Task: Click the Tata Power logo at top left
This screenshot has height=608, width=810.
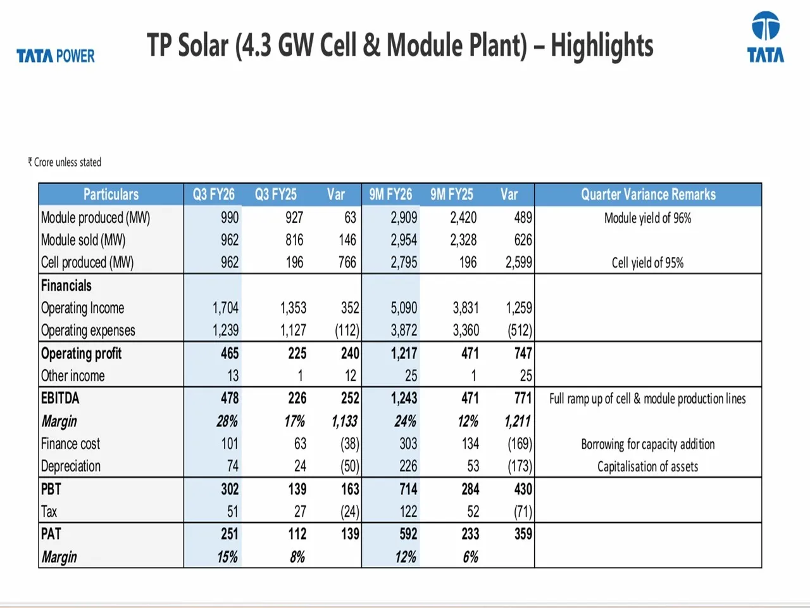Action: click(56, 56)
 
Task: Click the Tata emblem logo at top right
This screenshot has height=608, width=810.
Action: click(765, 37)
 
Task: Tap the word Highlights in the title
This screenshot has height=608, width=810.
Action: click(602, 46)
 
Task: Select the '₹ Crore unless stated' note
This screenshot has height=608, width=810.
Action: click(65, 162)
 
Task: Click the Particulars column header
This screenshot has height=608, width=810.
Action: click(111, 194)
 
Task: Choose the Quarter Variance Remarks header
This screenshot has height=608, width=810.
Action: click(648, 194)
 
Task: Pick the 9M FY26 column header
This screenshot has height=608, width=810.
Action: click(390, 194)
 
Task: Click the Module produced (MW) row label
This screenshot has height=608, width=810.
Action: click(96, 218)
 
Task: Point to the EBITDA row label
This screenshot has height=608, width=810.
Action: click(60, 398)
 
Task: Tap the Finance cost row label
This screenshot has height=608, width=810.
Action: click(70, 444)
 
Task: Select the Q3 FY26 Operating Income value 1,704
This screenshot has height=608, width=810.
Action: click(225, 308)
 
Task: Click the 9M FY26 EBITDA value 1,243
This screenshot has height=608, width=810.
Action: click(404, 398)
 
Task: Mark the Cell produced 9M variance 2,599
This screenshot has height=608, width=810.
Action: click(518, 263)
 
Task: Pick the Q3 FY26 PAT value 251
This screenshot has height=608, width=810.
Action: click(230, 534)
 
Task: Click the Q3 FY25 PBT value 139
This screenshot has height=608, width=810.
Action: click(297, 489)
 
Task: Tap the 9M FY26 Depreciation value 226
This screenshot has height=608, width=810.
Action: click(408, 466)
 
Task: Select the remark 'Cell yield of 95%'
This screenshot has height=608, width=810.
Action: click(647, 263)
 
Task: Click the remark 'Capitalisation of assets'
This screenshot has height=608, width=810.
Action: click(647, 467)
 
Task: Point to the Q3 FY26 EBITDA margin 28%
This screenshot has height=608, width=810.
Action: click(227, 421)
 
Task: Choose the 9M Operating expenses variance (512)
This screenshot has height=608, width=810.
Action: click(520, 331)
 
